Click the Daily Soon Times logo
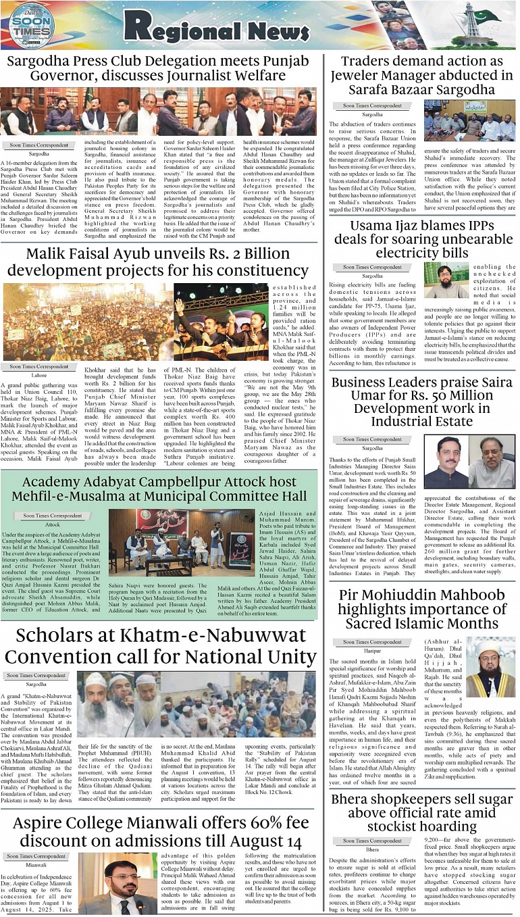click(x=32, y=25)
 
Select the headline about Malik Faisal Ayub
click(x=158, y=263)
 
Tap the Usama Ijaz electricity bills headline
click(x=421, y=239)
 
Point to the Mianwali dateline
click(x=37, y=864)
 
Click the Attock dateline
click(x=52, y=524)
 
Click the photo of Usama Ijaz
click(x=446, y=280)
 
